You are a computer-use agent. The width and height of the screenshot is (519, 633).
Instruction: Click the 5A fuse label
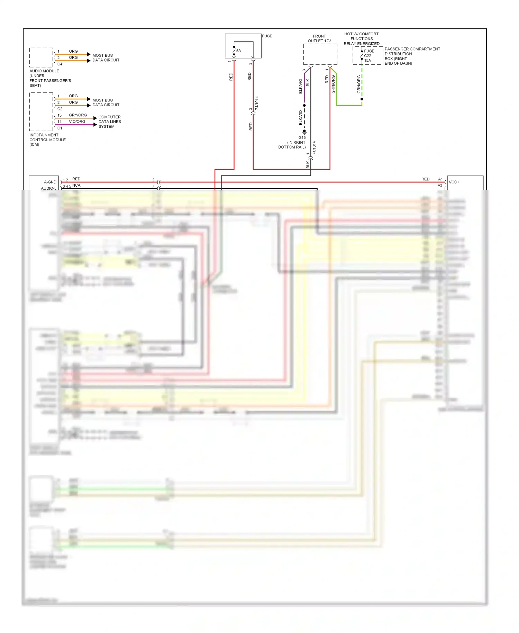238,51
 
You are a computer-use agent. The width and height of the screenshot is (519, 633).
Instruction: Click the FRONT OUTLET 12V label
319,38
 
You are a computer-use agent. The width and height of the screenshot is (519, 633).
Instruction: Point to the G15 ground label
302,137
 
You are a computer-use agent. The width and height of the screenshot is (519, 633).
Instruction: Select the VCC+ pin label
454,182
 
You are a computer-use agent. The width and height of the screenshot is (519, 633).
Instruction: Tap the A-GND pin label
50,182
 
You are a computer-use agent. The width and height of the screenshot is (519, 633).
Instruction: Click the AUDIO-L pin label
48,188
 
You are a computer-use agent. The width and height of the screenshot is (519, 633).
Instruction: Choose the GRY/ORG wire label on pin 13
78,115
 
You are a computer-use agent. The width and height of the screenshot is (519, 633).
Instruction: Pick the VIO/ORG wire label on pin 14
77,122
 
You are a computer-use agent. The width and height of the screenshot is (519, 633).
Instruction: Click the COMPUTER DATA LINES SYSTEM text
109,122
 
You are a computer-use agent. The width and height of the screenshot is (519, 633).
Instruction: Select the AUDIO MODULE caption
44,71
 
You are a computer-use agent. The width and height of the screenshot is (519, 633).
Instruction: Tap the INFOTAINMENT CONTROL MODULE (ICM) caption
47,140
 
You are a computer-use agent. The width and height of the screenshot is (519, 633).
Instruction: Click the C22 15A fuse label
367,58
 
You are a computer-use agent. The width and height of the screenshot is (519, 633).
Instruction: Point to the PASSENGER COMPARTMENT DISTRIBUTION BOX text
412,56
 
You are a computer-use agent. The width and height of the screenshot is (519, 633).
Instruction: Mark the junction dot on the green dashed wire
362,99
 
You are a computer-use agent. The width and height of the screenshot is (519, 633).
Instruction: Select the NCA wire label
76,186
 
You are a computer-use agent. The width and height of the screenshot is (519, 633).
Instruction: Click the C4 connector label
60,64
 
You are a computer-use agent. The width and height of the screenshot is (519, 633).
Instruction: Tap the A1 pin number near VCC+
440,179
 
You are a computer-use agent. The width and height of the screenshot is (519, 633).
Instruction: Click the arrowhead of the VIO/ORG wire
95,125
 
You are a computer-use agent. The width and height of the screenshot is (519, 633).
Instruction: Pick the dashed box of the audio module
41,57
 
